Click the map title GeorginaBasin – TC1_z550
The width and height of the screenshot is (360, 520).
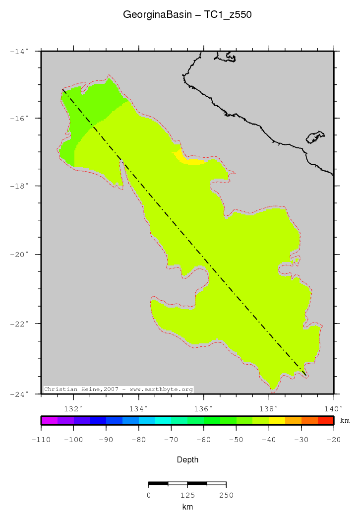click(187, 15)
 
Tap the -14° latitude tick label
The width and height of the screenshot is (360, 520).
click(21, 51)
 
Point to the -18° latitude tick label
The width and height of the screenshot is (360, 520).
click(21, 186)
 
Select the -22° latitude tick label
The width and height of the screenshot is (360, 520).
click(21, 324)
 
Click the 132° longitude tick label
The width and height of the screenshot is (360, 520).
click(74, 409)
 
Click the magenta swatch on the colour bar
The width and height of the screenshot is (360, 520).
click(49, 420)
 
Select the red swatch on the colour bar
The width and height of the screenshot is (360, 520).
click(326, 420)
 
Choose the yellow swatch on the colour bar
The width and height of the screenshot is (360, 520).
click(277, 420)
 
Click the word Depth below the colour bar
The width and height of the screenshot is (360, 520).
click(187, 460)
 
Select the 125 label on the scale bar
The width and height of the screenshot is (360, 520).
click(187, 495)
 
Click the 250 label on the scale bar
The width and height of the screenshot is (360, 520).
click(226, 495)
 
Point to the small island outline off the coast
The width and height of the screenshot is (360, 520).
click(315, 136)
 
